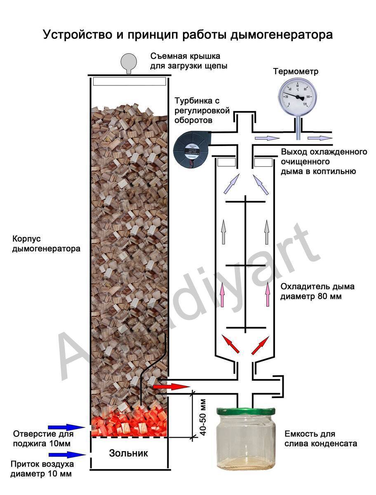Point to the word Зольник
[x=128, y=453]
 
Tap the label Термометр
[x=296, y=71]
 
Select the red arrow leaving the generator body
[x=171, y=387]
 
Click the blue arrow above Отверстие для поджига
[x=66, y=427]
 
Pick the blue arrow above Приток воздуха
[x=66, y=454]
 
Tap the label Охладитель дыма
[x=317, y=287]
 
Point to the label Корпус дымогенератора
[x=46, y=244]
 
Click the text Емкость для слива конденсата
[x=320, y=439]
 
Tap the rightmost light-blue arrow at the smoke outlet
[x=320, y=137]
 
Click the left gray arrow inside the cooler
[x=224, y=231]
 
